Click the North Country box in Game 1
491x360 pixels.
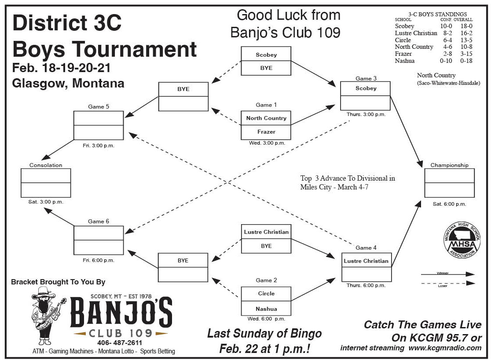[266, 118]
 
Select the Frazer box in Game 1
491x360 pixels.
[266, 132]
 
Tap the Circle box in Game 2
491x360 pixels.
[266, 294]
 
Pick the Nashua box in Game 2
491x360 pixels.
[266, 308]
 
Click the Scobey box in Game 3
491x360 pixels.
[366, 88]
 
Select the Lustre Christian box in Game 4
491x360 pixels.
[366, 261]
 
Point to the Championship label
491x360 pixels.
[449, 165]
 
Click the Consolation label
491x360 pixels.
[46, 165]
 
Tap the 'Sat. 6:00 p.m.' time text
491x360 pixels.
[449, 204]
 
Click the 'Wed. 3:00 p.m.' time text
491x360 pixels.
[266, 143]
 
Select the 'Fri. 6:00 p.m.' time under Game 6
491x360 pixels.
[98, 260]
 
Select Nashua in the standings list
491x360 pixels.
[404, 61]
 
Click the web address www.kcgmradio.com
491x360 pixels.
[445, 348]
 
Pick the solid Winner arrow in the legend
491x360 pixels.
[448, 275]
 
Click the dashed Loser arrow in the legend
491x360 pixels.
[448, 284]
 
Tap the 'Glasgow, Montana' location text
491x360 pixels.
[68, 83]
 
